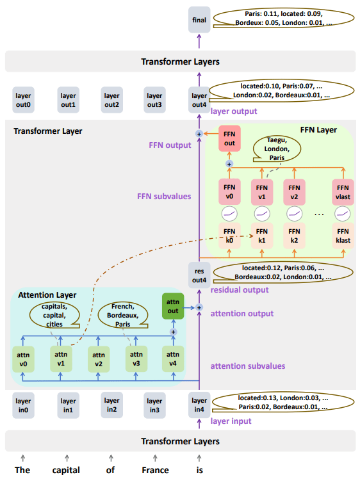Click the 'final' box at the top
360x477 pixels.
(199, 20)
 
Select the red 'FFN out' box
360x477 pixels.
(229, 138)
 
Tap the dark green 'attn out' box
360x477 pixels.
(173, 306)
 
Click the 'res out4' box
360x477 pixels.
(199, 275)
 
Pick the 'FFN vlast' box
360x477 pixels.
(343, 192)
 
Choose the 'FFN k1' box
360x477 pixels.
(262, 236)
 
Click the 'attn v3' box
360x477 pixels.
(136, 359)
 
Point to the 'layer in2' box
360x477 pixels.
(111, 405)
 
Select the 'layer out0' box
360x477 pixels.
(23, 100)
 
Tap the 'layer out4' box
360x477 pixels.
(199, 100)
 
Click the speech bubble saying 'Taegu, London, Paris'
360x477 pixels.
(277, 149)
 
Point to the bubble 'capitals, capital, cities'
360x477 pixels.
(54, 315)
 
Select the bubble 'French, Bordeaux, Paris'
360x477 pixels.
(122, 315)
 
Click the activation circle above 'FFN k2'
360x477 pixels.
(294, 214)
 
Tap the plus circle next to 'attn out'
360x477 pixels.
(199, 307)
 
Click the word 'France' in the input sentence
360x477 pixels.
(155, 470)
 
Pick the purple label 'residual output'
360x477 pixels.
(240, 290)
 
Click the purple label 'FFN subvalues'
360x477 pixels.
(164, 196)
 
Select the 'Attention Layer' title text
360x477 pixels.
(47, 295)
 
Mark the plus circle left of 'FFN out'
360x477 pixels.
(199, 134)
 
